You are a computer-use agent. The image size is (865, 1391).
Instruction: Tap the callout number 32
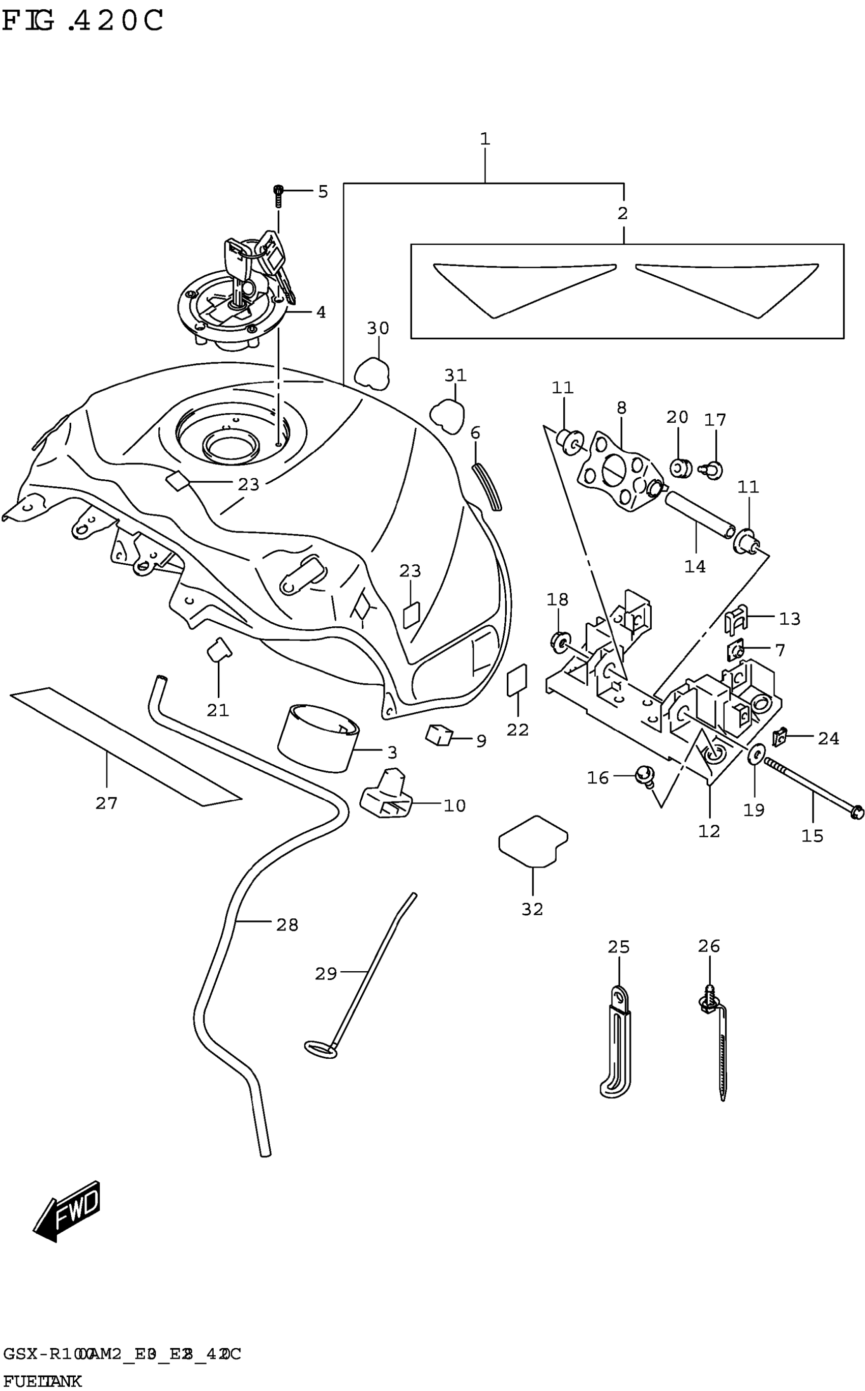(x=532, y=909)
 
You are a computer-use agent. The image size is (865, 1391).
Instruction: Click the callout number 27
(x=106, y=803)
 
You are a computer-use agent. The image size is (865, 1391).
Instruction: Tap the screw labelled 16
(x=644, y=777)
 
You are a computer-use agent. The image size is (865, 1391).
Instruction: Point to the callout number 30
(x=378, y=328)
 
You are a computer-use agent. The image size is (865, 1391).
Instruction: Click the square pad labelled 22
(x=517, y=680)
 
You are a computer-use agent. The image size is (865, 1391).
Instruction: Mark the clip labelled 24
(x=779, y=738)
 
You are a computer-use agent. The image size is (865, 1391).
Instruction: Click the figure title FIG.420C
(x=83, y=21)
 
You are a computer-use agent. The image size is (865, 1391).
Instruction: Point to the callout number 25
(x=618, y=947)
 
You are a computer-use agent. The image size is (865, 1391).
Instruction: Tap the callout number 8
(x=622, y=408)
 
